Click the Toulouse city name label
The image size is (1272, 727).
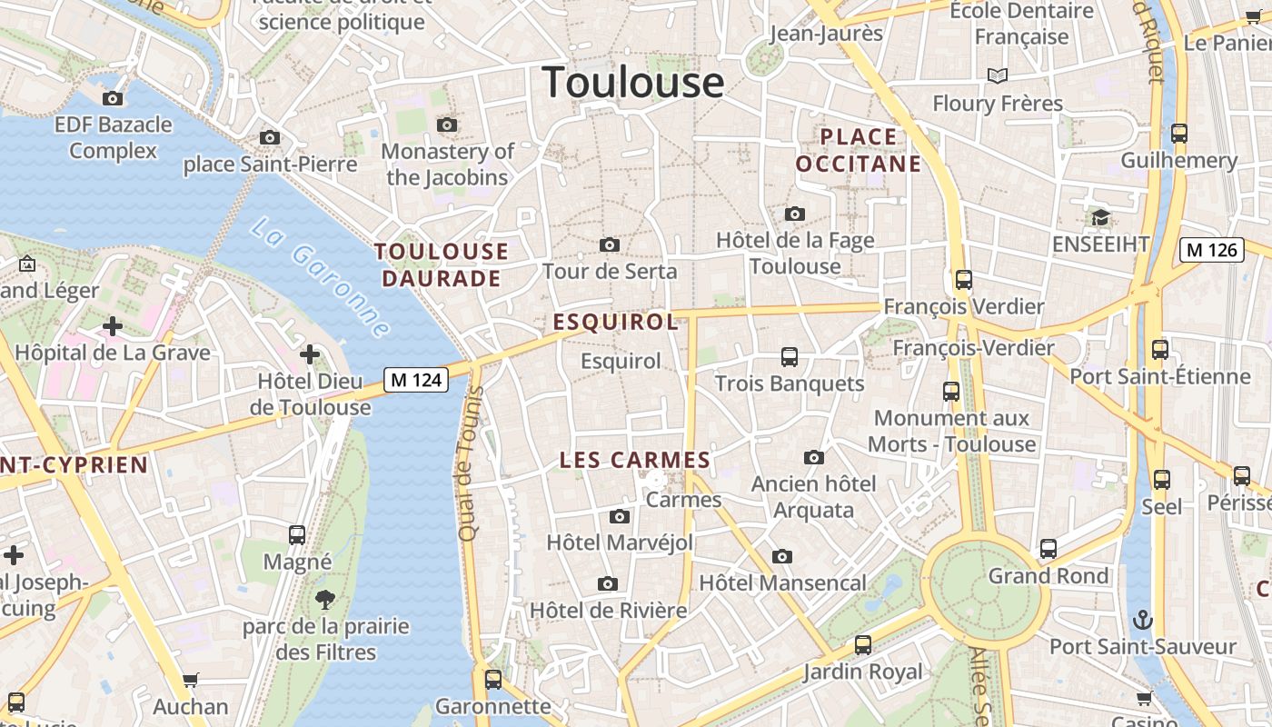(633, 82)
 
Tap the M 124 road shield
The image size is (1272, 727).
(417, 379)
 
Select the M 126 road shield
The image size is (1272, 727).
(1212, 249)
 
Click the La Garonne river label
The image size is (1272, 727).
(320, 277)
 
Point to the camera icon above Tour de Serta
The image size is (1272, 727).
(610, 244)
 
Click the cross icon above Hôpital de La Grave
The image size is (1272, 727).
(113, 325)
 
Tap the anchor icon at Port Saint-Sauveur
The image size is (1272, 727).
(1143, 621)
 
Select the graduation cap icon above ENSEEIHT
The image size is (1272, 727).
(1101, 217)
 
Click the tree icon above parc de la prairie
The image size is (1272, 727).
(324, 600)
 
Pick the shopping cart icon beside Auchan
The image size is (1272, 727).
(191, 680)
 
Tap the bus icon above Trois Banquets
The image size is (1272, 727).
(789, 357)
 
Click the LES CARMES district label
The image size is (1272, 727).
(634, 460)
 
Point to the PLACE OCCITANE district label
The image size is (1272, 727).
(859, 150)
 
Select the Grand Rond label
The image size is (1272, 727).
(1048, 575)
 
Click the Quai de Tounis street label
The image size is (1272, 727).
(468, 463)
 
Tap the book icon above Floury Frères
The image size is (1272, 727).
(998, 75)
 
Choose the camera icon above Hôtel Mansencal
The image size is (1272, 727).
(782, 556)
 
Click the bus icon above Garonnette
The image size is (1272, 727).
(493, 679)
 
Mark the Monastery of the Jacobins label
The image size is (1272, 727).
(447, 164)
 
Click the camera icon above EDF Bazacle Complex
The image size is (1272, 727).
(113, 98)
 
